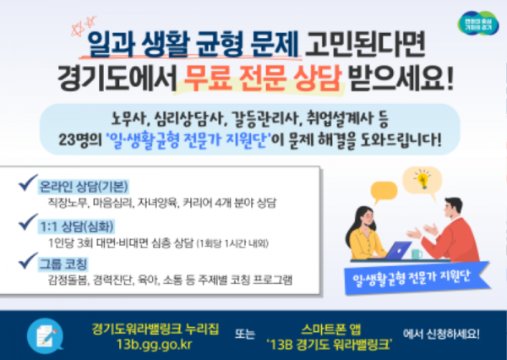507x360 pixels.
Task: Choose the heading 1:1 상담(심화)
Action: click(81, 226)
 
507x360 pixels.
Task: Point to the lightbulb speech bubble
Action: click(422, 180)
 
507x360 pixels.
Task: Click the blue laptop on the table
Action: click(398, 251)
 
